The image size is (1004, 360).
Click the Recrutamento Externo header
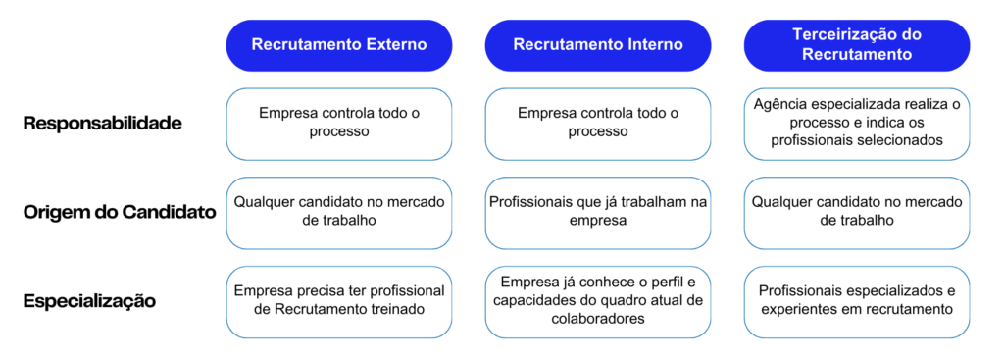pos(339,44)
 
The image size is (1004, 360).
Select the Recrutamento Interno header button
pos(598,44)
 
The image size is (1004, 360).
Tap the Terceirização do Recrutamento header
pos(857,44)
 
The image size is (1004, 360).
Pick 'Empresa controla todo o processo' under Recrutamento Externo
pos(339,123)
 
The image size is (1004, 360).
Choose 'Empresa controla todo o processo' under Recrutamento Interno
pos(598,123)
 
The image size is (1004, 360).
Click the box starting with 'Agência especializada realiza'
pos(857,123)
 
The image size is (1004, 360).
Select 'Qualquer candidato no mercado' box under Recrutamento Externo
pos(339,212)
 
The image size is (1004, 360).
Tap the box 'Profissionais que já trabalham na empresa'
pos(598,212)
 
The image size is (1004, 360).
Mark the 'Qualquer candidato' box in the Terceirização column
pos(857,212)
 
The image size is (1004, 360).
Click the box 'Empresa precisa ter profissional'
pos(339,300)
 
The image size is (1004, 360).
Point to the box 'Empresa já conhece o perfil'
pos(598,300)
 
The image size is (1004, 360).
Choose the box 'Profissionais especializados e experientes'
pos(857,300)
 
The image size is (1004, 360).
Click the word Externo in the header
pos(392,44)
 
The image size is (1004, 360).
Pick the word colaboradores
pos(598,319)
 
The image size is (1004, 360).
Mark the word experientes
pos(803,310)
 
